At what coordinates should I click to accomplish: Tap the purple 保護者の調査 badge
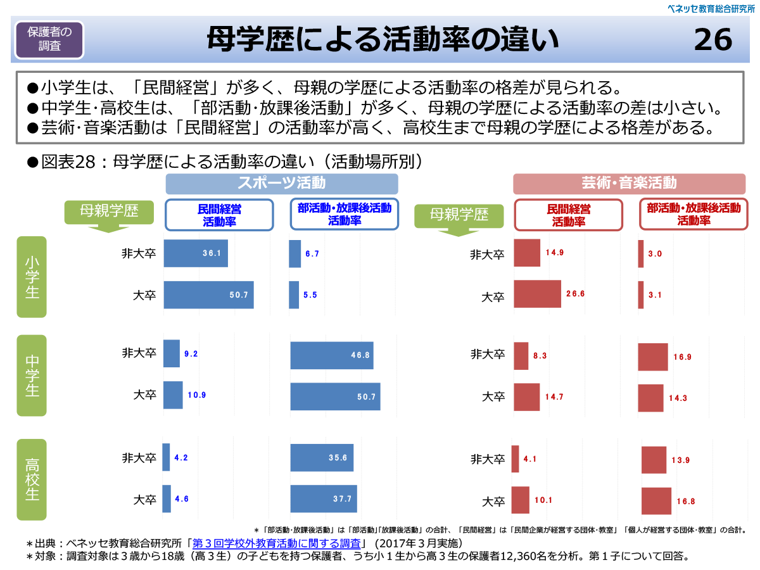(x=50, y=39)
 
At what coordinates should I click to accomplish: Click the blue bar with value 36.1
(x=195, y=253)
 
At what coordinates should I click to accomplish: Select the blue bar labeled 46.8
(x=331, y=355)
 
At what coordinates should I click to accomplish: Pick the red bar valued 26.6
(x=537, y=294)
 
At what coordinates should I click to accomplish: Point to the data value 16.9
(x=682, y=357)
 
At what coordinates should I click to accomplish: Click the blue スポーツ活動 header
(x=282, y=184)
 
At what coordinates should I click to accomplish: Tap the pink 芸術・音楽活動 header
(x=629, y=184)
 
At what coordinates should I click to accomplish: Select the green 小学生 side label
(x=32, y=276)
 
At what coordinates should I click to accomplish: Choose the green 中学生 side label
(x=32, y=375)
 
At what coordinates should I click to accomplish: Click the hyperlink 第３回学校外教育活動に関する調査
(x=276, y=543)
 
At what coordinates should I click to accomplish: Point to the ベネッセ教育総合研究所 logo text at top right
(x=712, y=8)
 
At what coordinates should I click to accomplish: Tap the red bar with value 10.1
(x=520, y=500)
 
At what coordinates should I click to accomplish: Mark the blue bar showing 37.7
(x=323, y=499)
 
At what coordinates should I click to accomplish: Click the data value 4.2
(x=181, y=457)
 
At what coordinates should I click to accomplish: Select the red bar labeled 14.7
(x=526, y=397)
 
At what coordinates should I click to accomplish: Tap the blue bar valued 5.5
(x=294, y=295)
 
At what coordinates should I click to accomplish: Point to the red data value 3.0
(x=655, y=254)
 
